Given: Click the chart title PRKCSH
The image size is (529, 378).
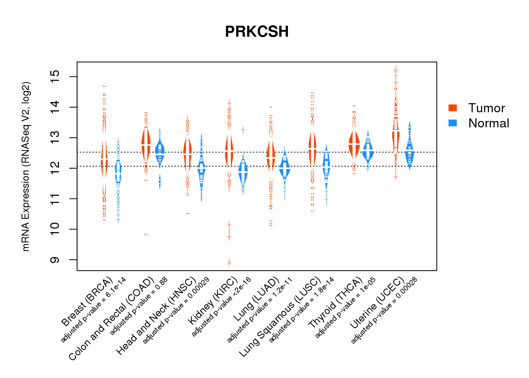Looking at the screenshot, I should coord(257,32).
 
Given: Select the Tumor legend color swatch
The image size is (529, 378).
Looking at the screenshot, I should coord(453,108).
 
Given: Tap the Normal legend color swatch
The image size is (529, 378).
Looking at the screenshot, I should coord(453,123).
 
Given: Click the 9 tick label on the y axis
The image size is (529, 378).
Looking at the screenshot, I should coord(55,260).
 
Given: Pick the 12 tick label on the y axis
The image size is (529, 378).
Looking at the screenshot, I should coord(55,168).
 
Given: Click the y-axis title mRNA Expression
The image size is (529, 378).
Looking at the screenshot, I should coord(26,166).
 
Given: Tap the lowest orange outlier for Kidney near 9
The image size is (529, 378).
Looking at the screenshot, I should coord(229,263).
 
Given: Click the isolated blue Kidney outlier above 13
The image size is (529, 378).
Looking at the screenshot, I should coord(243,130).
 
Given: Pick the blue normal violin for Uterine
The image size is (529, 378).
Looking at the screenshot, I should coord(410,153).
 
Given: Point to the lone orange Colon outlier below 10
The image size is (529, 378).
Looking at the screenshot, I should coord(146,235).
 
